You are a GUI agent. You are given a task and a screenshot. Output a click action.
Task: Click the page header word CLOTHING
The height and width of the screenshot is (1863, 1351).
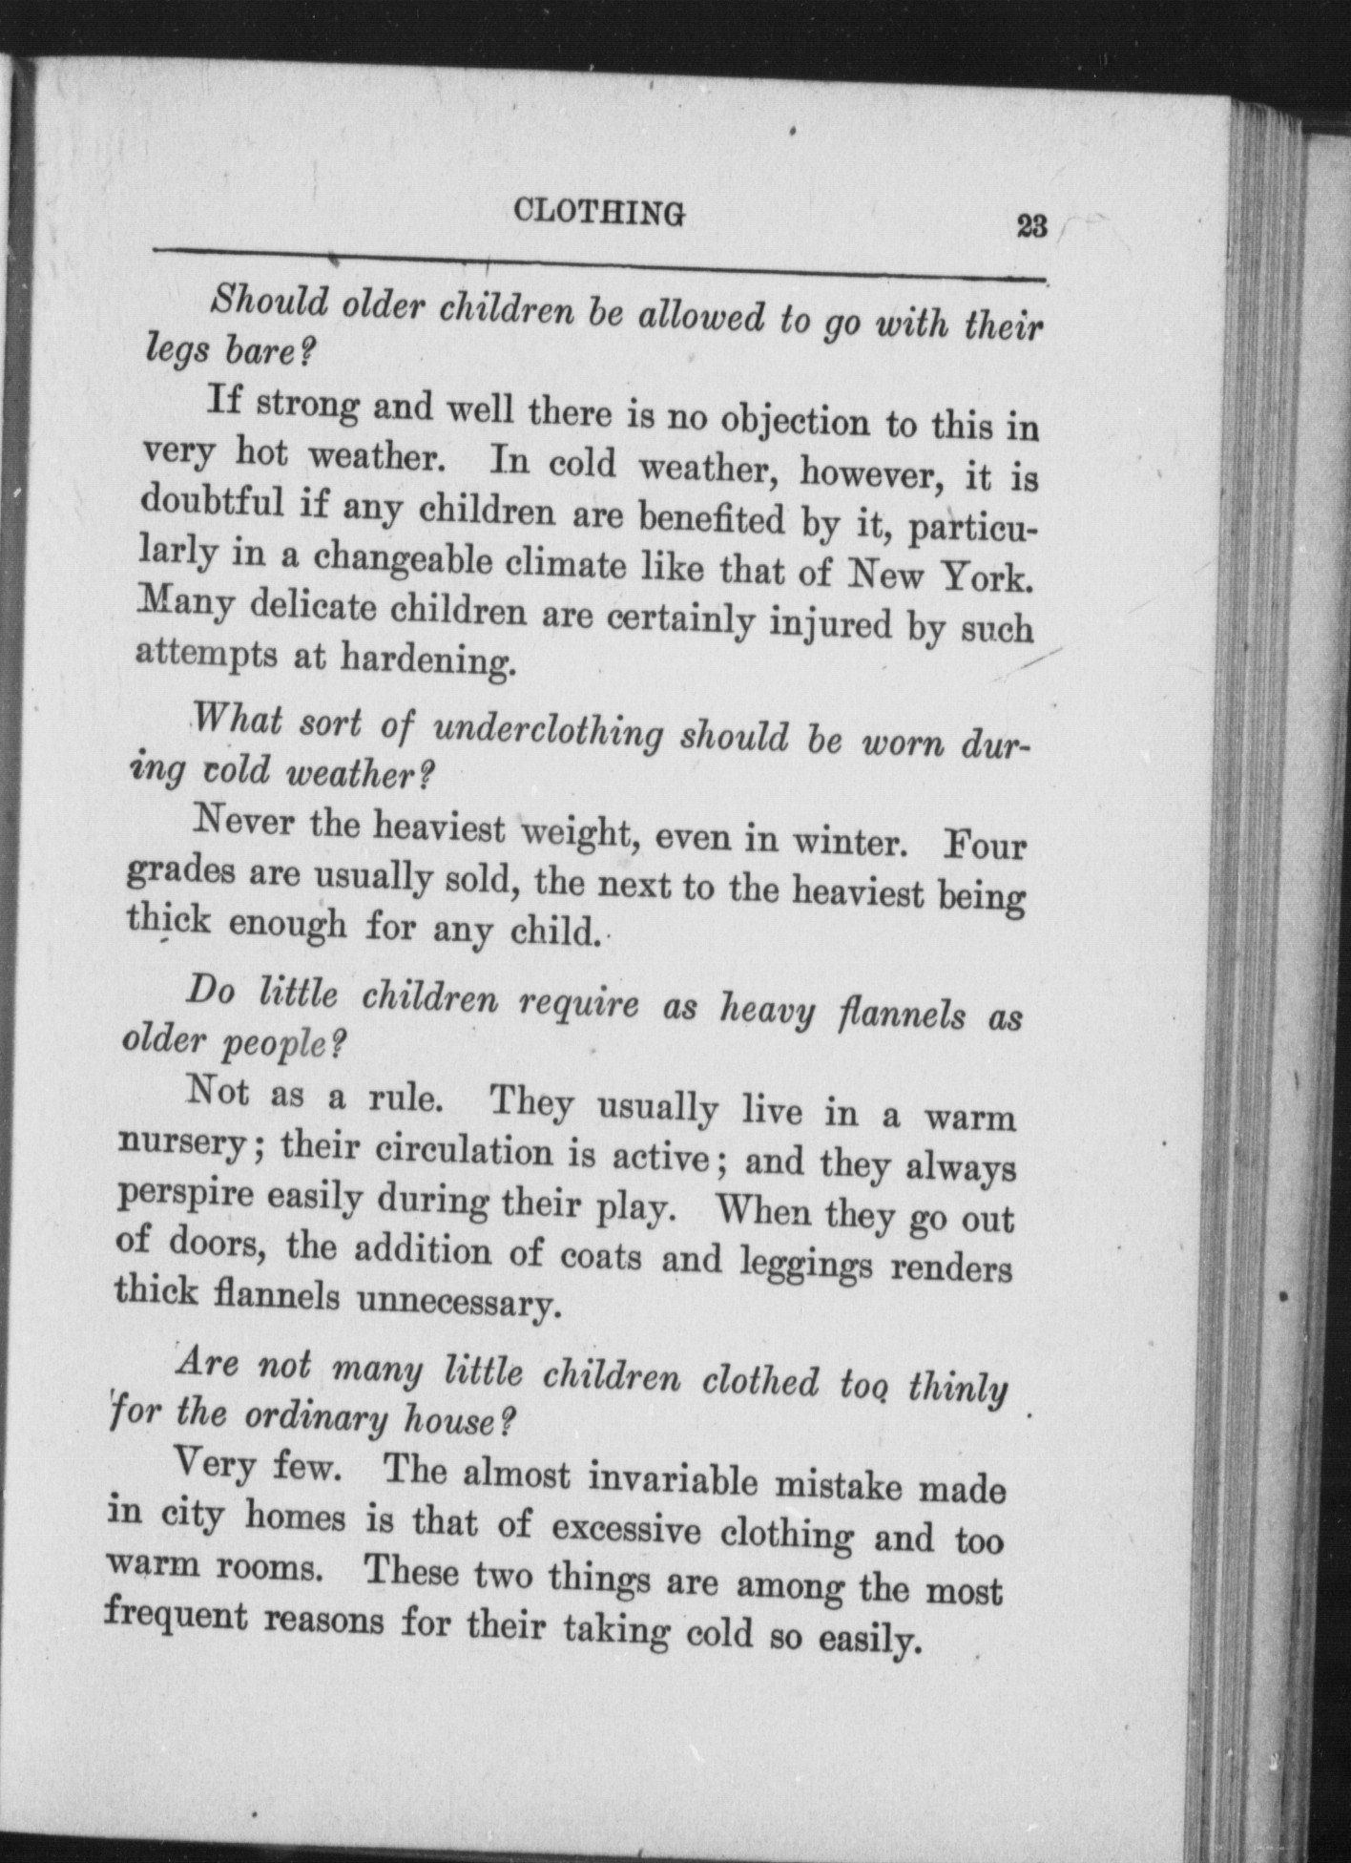point(598,212)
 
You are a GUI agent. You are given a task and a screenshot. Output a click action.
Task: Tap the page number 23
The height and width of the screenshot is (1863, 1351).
point(1032,227)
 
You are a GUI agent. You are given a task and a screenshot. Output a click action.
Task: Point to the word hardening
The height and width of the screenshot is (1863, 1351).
point(428,659)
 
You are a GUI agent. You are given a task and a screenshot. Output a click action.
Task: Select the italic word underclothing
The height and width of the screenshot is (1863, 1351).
point(548,733)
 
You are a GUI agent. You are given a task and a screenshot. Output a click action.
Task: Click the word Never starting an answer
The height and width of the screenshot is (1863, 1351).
point(243,822)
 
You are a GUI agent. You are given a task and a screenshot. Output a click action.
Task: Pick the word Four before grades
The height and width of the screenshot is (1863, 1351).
point(983,847)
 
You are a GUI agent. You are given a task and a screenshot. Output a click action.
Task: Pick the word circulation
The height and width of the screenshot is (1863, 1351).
point(464,1151)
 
